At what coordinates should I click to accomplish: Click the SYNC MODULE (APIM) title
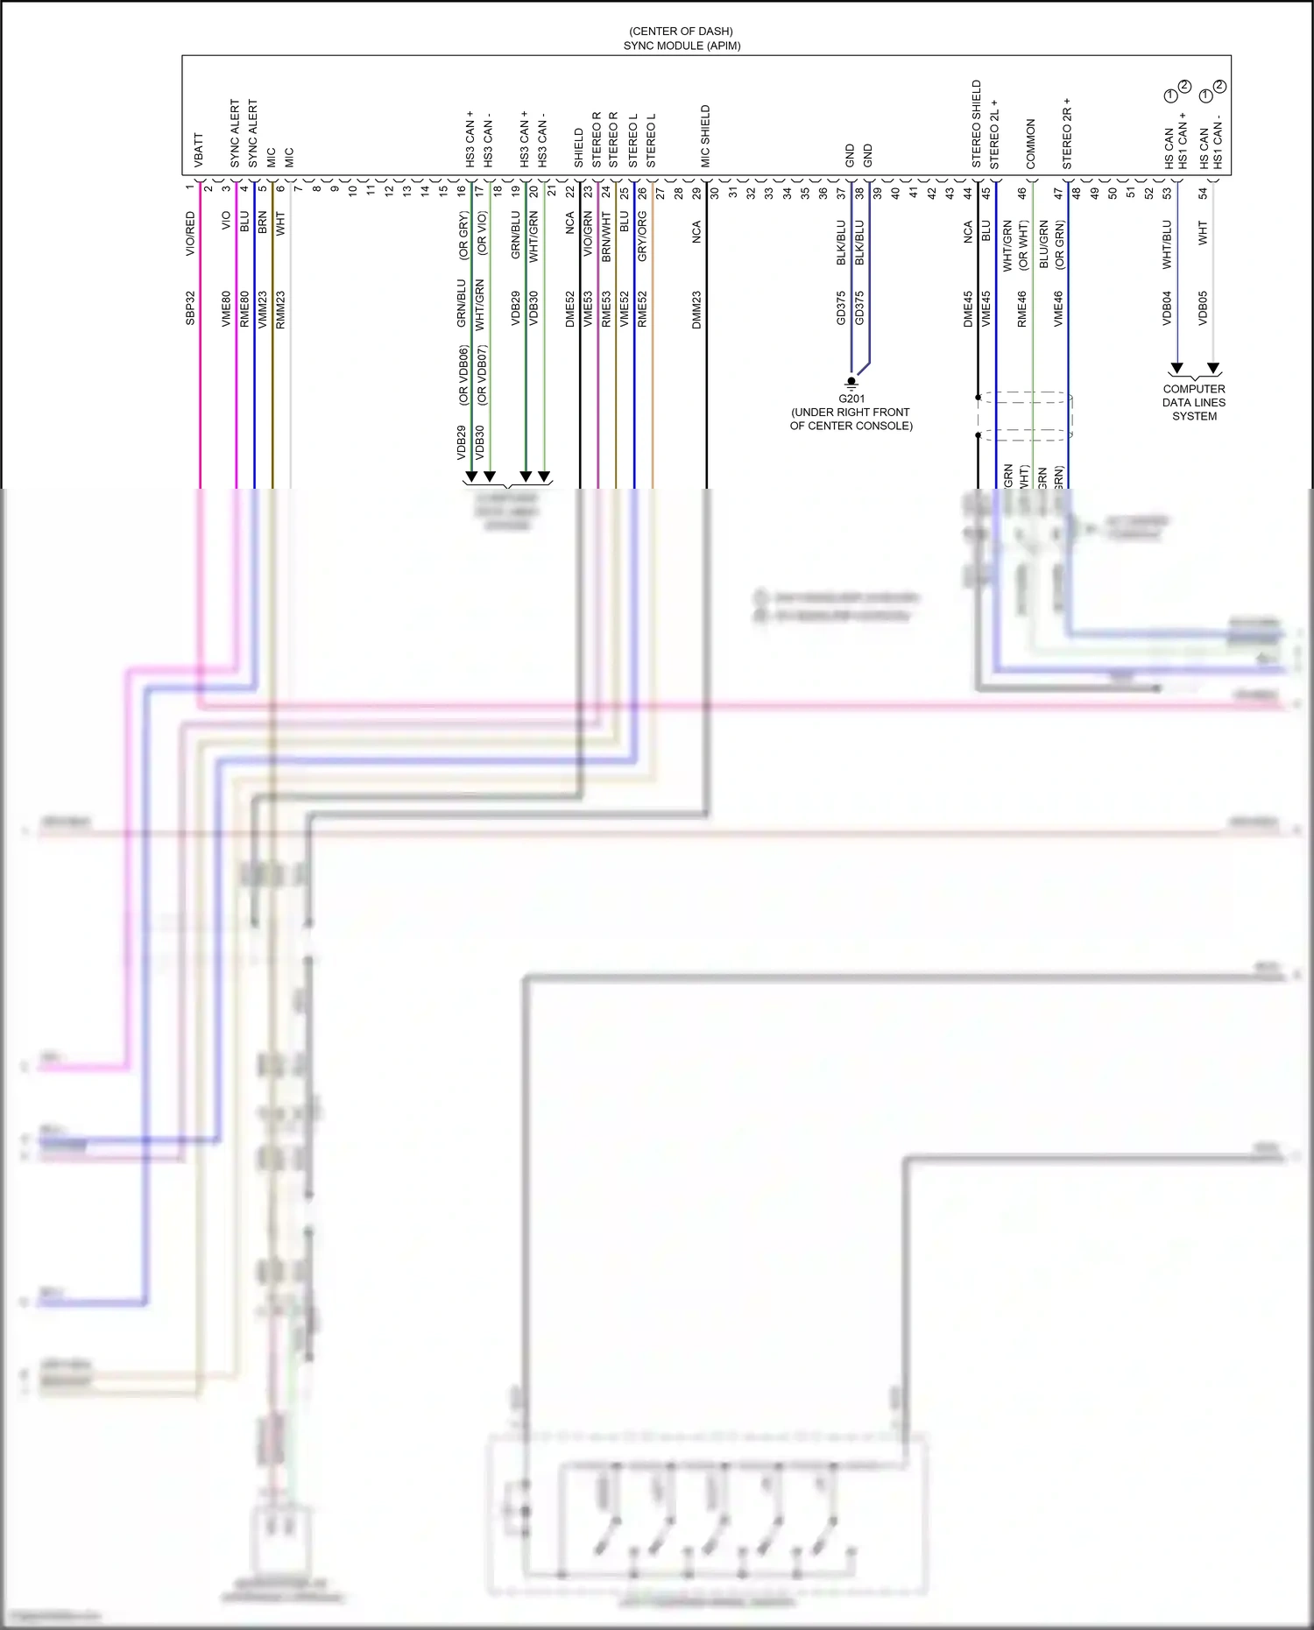coord(682,46)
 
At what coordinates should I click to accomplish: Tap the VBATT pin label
coord(199,150)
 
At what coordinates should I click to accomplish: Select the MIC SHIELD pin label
coord(705,136)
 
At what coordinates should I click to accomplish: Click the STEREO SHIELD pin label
coord(977,123)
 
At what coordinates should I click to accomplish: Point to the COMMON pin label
coord(1031,144)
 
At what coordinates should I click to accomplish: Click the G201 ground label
coord(851,399)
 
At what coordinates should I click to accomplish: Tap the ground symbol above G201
coord(851,382)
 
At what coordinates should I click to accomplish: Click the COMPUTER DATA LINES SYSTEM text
coord(1194,403)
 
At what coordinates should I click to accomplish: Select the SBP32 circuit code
coord(191,308)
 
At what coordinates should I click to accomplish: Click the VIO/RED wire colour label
coord(191,234)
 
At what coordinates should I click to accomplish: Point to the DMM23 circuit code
coord(697,310)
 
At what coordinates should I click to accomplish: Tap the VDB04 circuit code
coord(1167,308)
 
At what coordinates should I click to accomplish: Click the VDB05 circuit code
coord(1203,308)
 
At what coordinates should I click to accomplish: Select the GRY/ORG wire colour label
coord(642,236)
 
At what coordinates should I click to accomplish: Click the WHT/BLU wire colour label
coord(1167,243)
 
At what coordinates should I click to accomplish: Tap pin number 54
coord(1203,193)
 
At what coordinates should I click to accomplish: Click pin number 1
coord(190,187)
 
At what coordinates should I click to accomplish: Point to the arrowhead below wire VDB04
coord(1177,368)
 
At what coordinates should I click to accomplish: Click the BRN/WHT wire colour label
coord(606,236)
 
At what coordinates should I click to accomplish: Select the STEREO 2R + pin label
coord(1067,133)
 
